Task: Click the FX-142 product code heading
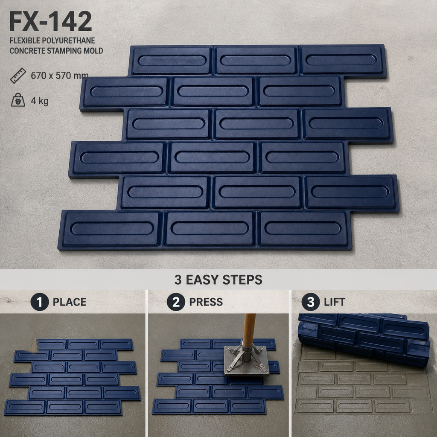pos(50,21)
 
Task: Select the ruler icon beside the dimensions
pos(18,76)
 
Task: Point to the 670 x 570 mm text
pos(60,76)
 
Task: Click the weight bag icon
pos(18,100)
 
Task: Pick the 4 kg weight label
pos(40,101)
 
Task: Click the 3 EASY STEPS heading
pos(218,280)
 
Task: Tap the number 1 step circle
pos(40,302)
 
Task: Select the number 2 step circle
pos(176,302)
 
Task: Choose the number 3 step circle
pos(311,302)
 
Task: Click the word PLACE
pos(70,302)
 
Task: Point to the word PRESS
pos(206,302)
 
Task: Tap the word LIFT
pos(335,302)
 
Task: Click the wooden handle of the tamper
pos(249,330)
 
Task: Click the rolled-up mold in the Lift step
pos(364,338)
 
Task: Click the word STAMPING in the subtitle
pos(66,51)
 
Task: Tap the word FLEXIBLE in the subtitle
pos(25,41)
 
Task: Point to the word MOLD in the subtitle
pos(95,51)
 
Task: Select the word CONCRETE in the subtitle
pos(27,51)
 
